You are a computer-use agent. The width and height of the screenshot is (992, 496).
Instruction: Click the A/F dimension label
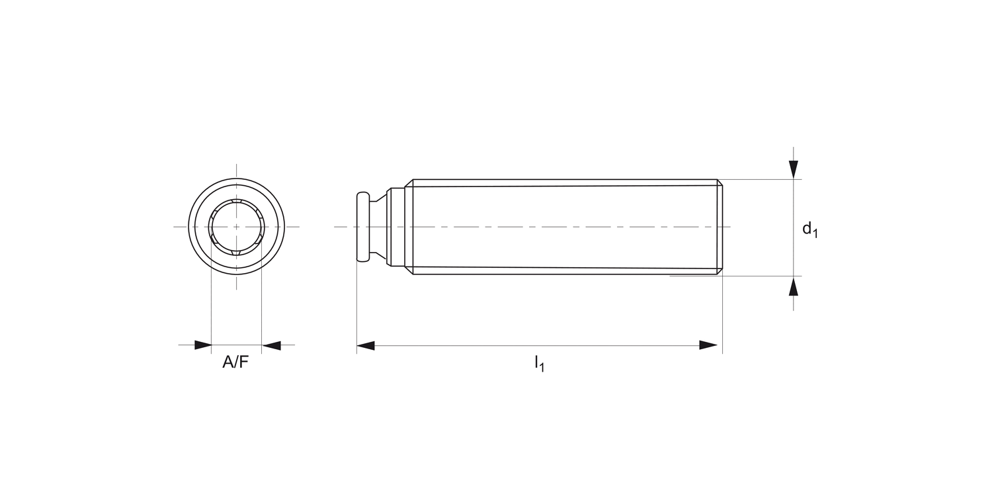pyautogui.click(x=235, y=362)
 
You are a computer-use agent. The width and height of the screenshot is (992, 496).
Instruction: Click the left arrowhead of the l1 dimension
pyautogui.click(x=366, y=345)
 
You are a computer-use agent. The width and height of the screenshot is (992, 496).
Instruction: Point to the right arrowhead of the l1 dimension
pyautogui.click(x=708, y=345)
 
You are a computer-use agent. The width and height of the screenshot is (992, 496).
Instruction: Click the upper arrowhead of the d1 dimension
pyautogui.click(x=794, y=169)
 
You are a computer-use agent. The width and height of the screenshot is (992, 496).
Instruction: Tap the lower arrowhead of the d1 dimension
pyautogui.click(x=794, y=286)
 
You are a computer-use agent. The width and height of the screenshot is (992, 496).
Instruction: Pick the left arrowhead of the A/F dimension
pyautogui.click(x=202, y=345)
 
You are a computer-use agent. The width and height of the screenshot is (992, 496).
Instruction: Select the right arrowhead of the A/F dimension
pyautogui.click(x=271, y=345)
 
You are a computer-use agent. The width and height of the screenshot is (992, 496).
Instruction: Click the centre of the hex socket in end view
pyautogui.click(x=236, y=227)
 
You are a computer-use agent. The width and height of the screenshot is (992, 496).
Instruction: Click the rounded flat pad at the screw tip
pyautogui.click(x=362, y=227)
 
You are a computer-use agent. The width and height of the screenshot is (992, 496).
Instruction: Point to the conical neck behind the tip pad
pyautogui.click(x=378, y=227)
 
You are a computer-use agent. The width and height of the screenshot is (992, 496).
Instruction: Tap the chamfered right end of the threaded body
pyautogui.click(x=720, y=227)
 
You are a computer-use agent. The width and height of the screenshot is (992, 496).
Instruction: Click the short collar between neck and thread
pyautogui.click(x=397, y=227)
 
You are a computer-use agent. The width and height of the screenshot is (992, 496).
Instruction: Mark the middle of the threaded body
pyautogui.click(x=565, y=227)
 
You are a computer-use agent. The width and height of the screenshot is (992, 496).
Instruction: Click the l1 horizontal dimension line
pyautogui.click(x=539, y=345)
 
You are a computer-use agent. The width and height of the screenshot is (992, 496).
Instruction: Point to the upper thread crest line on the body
pyautogui.click(x=565, y=180)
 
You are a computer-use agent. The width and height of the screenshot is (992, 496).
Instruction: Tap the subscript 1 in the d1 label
pyautogui.click(x=815, y=233)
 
